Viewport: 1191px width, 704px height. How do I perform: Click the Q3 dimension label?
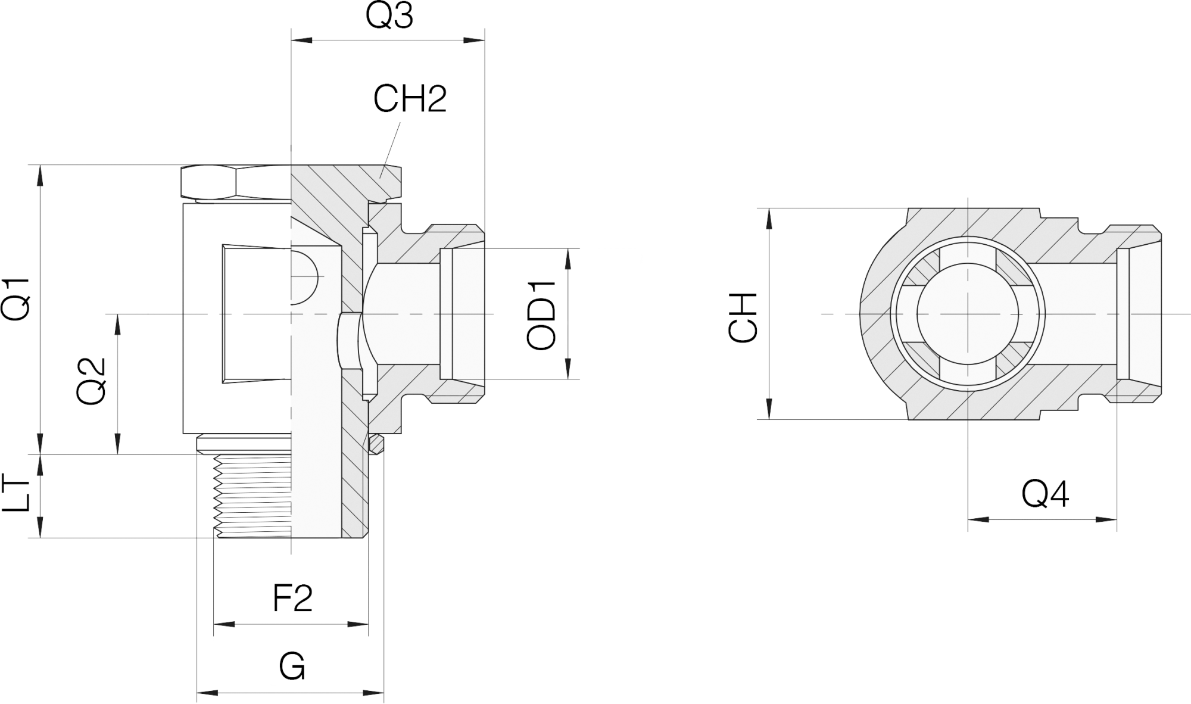[x=389, y=16]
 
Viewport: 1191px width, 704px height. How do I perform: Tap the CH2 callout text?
[x=410, y=99]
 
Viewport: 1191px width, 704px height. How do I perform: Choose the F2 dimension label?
[x=292, y=598]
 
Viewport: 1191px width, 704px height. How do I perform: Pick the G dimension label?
[x=292, y=666]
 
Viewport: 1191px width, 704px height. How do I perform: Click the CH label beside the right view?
[x=743, y=317]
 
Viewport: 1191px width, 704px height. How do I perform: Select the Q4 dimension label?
[x=1046, y=494]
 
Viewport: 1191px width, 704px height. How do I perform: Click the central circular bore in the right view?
[x=968, y=313]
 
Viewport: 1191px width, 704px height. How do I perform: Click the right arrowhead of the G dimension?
[x=373, y=693]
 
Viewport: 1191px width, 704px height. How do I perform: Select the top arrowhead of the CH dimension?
[x=770, y=219]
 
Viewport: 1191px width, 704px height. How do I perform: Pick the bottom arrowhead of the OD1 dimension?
[x=568, y=369]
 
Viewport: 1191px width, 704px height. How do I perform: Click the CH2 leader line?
[x=390, y=149]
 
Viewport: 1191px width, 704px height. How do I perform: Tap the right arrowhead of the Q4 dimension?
[x=1106, y=520]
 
